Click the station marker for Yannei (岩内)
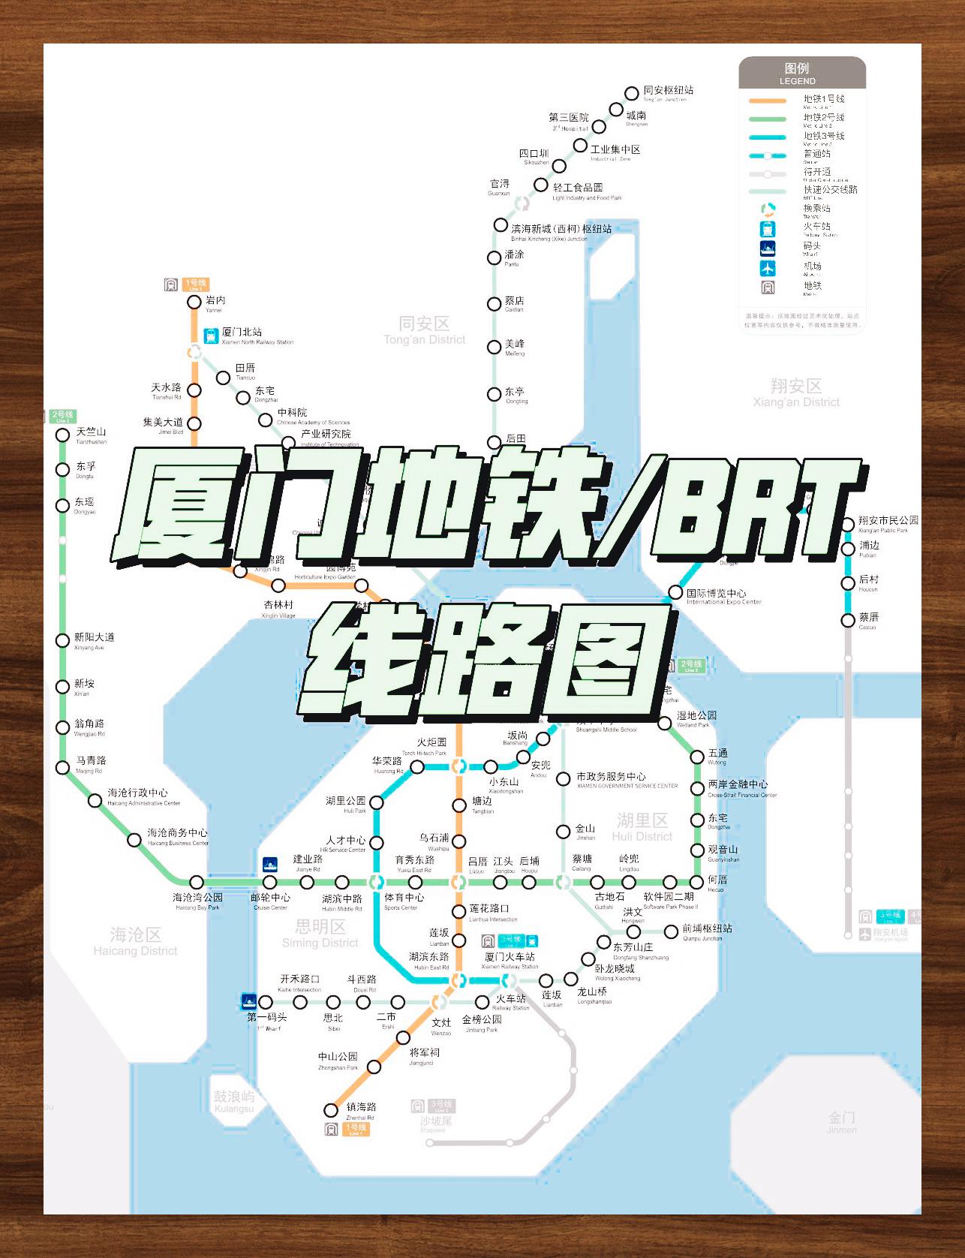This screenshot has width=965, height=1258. tap(194, 302)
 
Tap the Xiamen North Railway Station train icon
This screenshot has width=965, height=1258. tap(211, 336)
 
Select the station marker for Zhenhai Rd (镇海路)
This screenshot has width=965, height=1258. tap(331, 1110)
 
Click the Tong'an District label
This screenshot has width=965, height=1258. tap(425, 330)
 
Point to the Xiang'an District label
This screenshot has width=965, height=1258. tap(796, 393)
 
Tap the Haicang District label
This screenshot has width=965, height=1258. tap(136, 940)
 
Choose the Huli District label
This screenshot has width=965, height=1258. tap(642, 826)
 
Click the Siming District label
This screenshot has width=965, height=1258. tap(320, 933)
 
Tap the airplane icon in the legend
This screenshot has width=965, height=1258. tap(768, 268)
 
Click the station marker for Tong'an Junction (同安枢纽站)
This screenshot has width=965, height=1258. tap(632, 93)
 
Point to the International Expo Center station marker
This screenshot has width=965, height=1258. tap(675, 593)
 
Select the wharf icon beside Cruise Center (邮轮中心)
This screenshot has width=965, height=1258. tap(269, 864)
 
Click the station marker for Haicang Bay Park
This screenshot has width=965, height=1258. tap(197, 882)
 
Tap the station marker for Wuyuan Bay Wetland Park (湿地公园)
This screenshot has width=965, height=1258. tap(665, 723)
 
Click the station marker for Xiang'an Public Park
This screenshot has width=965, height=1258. tap(848, 524)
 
